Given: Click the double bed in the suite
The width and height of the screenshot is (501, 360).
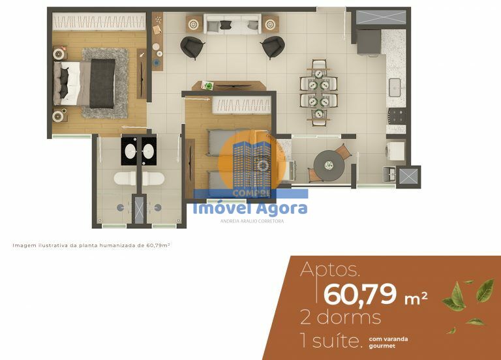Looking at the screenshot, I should coord(88,83).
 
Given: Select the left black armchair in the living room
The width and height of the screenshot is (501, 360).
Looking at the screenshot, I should coord(192,47).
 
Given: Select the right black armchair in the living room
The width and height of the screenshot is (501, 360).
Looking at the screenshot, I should coord(272,47).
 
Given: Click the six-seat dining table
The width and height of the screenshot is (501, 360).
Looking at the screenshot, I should coord(318,92).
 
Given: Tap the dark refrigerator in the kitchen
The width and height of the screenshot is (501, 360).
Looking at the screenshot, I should coord(369,42).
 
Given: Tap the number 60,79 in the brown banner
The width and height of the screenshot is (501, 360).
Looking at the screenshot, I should coord(359,294).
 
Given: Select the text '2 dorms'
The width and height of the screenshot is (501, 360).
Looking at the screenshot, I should coord(340,318).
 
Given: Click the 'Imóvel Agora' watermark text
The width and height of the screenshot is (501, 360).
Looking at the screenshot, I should coord(250,209).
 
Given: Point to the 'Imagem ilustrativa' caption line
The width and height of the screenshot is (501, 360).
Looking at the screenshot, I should coord(91,245).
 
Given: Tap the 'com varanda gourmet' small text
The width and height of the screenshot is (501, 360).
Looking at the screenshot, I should coord(389,342).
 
